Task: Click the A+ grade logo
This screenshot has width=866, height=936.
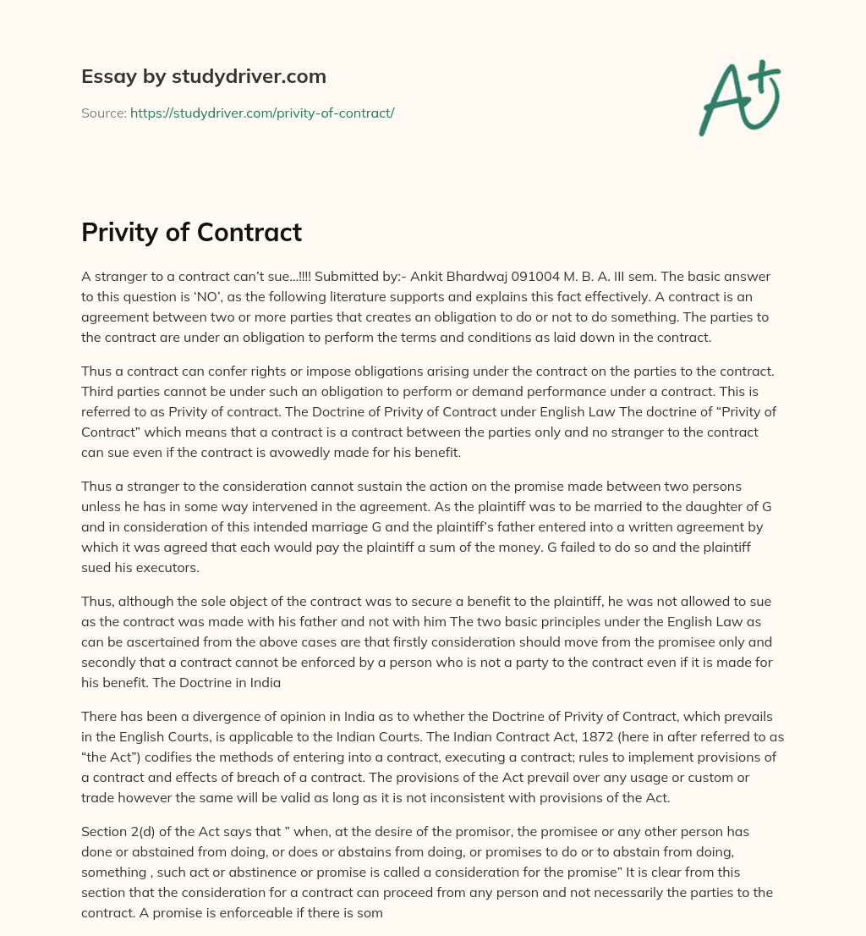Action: [739, 97]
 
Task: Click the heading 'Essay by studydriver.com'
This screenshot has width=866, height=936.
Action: [203, 76]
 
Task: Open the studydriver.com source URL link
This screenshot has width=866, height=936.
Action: [262, 113]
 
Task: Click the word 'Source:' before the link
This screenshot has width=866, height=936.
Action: [103, 113]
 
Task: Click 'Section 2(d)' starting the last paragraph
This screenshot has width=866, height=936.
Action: [118, 832]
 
